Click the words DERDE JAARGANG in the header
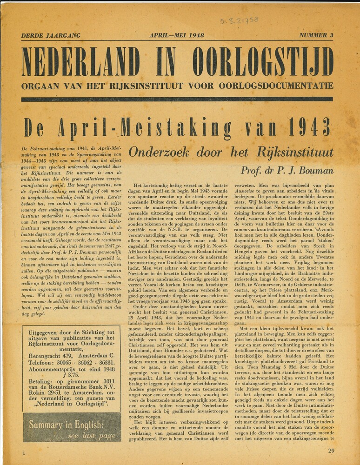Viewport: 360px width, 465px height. point(51,36)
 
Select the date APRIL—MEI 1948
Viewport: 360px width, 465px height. point(177,36)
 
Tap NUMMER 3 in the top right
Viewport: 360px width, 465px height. point(316,35)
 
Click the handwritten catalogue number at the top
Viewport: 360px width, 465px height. point(239,20)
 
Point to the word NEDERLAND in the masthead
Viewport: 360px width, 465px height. point(80,62)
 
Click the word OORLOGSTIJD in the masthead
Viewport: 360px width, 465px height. point(263,62)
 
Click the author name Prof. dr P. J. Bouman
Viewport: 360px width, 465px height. point(287,171)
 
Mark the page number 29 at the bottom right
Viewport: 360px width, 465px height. point(331,451)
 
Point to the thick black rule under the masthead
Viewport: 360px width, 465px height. point(177,99)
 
